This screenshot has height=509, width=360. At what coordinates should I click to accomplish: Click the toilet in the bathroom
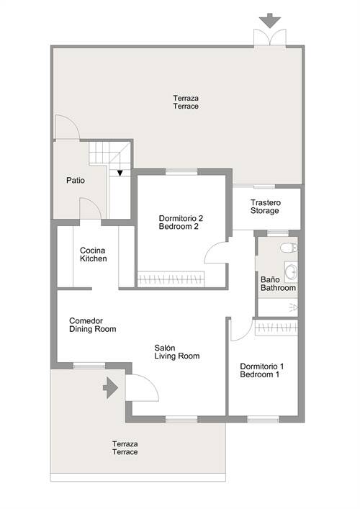(x=289, y=248)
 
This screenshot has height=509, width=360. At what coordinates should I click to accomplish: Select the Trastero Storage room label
(x=265, y=207)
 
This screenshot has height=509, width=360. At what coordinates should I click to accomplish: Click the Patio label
(x=76, y=180)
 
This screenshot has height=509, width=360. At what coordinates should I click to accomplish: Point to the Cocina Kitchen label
(x=93, y=255)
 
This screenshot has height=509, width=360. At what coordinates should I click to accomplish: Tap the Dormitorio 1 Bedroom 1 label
(x=261, y=370)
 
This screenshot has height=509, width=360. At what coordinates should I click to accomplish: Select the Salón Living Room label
(x=177, y=352)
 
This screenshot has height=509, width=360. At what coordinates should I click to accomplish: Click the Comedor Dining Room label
(x=92, y=325)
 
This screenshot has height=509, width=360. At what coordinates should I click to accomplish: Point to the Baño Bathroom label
(x=278, y=284)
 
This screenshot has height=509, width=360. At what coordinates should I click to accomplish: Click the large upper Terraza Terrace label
(x=186, y=102)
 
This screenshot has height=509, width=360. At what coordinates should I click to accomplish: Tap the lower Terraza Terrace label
(x=125, y=448)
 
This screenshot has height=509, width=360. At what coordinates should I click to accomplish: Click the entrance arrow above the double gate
(x=270, y=20)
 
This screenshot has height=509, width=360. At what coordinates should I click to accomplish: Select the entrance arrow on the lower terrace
(x=110, y=387)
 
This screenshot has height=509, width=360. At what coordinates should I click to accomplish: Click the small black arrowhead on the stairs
(x=120, y=174)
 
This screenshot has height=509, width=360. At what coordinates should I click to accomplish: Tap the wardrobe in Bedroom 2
(x=171, y=279)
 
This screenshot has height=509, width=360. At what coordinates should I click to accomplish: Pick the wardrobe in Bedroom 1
(x=276, y=328)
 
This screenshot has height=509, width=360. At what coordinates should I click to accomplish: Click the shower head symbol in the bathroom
(x=293, y=307)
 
